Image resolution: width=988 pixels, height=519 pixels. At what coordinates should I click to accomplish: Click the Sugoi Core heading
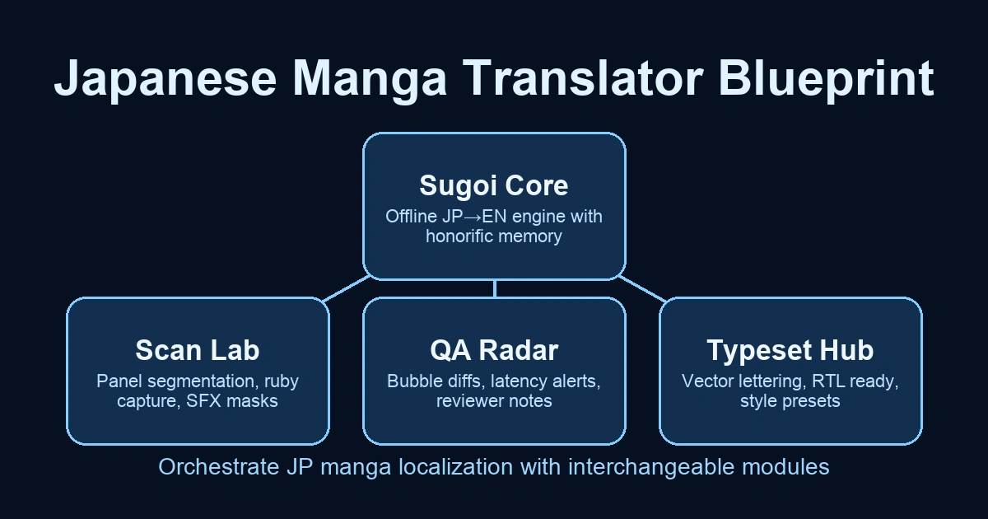tap(494, 185)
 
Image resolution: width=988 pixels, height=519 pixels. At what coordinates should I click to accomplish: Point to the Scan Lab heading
tap(198, 350)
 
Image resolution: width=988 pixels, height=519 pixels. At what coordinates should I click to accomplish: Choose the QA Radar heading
tap(494, 350)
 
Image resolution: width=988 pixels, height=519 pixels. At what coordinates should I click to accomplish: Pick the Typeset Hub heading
tap(790, 350)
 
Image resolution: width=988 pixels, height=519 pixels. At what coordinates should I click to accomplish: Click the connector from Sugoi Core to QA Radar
tap(494, 288)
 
